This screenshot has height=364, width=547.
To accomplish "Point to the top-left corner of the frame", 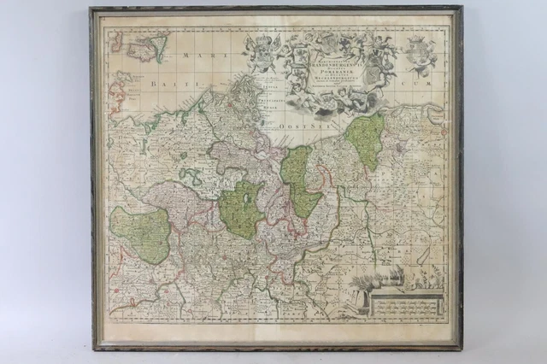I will [x=91, y=8].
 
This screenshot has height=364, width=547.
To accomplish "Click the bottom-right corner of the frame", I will [x=462, y=349].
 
